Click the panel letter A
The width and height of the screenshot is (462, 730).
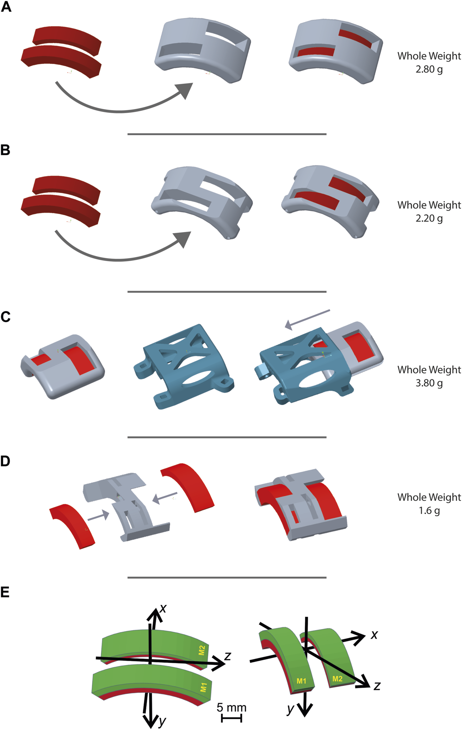point(6,7)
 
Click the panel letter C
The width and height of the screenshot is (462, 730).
point(6,317)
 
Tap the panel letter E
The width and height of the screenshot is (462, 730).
point(5,592)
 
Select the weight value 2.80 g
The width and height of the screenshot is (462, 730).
point(429,69)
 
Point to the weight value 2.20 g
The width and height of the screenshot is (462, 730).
point(429,218)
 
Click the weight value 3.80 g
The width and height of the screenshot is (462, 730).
point(429,383)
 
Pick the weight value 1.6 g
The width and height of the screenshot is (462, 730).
point(429,511)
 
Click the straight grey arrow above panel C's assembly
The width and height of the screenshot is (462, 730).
point(308,319)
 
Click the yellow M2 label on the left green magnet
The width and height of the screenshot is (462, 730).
point(202,650)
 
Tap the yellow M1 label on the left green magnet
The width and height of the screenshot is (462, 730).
point(203,687)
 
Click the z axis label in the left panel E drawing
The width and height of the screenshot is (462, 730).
point(228,656)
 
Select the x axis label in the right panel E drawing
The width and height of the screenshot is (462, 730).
point(374,635)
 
